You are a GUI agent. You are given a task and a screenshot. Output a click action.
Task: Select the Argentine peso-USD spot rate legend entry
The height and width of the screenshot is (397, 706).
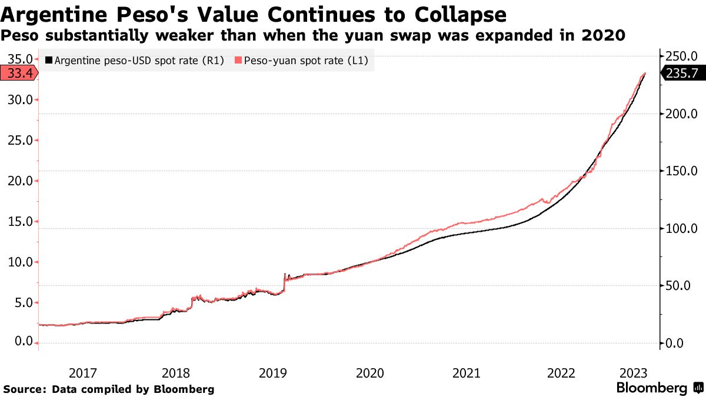tap(135, 60)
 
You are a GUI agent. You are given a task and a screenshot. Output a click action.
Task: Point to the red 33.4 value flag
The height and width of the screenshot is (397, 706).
tap(19, 73)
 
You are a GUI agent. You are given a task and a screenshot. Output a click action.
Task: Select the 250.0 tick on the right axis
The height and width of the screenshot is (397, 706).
tap(681, 56)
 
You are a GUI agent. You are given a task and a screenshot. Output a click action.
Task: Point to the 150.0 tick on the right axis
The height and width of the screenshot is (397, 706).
tap(681, 171)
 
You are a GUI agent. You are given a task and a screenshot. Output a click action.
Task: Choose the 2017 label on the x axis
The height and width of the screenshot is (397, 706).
tap(82, 373)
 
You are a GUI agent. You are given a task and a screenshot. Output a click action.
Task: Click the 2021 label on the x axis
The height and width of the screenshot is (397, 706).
tap(466, 373)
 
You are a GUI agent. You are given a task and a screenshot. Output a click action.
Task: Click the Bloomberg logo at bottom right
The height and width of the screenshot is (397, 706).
tap(659, 388)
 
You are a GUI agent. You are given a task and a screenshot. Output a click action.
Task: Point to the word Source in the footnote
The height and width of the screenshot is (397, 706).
tap(24, 389)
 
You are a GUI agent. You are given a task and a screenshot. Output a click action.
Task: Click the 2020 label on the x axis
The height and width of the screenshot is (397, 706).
tap(370, 373)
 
